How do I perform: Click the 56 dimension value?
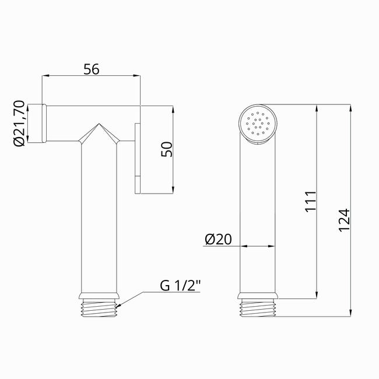(x=92, y=69)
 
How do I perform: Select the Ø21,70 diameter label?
(x=19, y=123)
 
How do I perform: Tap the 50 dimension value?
(x=167, y=149)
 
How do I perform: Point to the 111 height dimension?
(x=311, y=202)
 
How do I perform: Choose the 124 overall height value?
(x=344, y=220)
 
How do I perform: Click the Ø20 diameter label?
(x=218, y=239)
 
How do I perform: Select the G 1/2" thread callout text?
(x=180, y=286)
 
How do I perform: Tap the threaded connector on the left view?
(x=99, y=308)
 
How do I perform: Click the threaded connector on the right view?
(x=258, y=308)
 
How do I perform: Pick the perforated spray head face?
(x=258, y=124)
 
